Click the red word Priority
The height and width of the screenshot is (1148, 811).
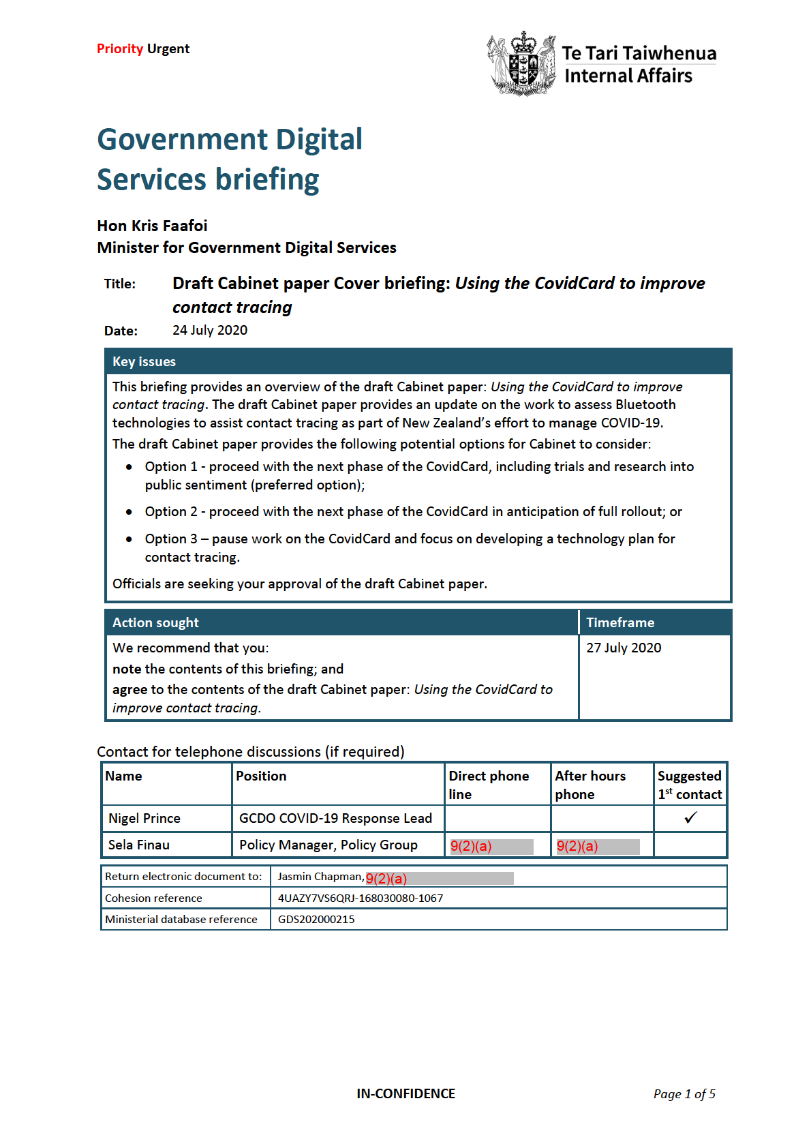[120, 49]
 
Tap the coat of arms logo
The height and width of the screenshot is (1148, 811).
[522, 63]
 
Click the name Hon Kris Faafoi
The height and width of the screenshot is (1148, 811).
[152, 226]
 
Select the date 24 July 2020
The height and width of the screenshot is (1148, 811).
[210, 331]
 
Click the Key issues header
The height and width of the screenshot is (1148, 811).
[144, 362]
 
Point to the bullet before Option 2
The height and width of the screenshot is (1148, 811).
[129, 512]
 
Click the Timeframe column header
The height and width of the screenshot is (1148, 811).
[620, 623]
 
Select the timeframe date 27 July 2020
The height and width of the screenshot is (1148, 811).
[624, 648]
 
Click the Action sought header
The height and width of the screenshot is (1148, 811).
[155, 623]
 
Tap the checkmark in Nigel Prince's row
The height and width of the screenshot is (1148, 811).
[690, 818]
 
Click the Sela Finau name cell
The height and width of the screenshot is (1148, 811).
[139, 845]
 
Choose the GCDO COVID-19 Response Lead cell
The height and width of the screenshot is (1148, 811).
[335, 819]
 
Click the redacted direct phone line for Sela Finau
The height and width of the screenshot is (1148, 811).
[491, 847]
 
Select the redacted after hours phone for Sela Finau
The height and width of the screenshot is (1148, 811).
[598, 847]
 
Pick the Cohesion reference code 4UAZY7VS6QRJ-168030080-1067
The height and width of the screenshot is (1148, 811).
[361, 898]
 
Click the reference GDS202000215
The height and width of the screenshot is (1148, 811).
[316, 920]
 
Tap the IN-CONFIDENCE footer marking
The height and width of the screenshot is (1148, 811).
[405, 1094]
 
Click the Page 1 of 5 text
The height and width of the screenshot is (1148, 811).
[684, 1094]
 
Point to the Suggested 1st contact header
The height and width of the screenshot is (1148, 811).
[690, 785]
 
